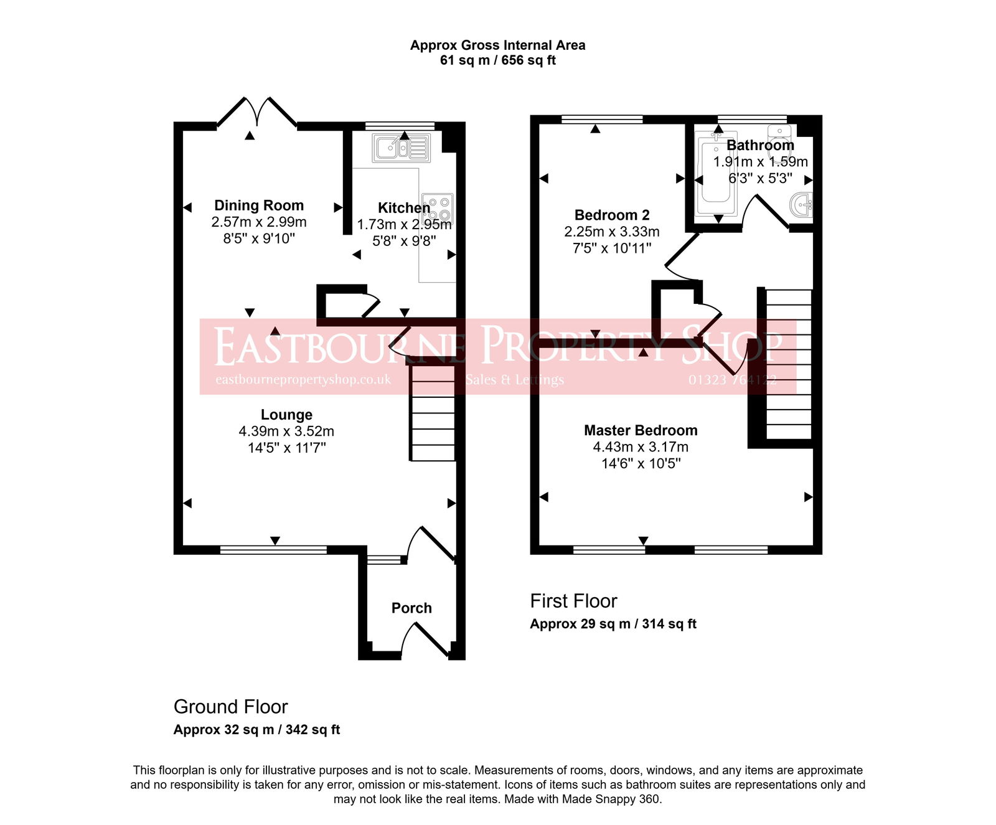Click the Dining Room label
259,205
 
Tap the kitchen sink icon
401,148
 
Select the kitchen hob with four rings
438,209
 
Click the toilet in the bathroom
779,134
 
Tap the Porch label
411,608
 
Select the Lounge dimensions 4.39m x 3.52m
286,431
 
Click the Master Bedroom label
641,430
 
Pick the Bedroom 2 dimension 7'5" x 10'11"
612,248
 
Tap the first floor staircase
788,364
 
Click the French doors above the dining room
256,112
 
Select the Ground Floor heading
230,707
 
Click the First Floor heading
573,601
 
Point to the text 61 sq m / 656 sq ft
497,60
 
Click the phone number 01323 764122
732,380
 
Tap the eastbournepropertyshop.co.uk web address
303,380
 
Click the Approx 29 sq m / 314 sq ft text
613,624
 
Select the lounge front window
273,550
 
